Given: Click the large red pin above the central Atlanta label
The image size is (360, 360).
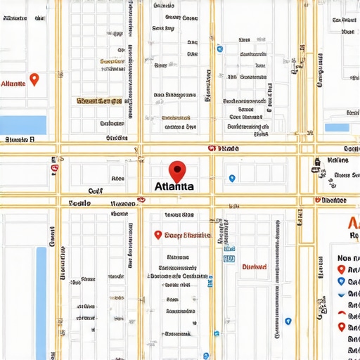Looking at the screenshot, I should (x=178, y=170).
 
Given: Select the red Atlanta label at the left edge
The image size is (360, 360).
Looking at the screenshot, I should (x=13, y=83).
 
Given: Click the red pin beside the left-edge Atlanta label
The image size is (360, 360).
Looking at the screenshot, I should (x=34, y=79).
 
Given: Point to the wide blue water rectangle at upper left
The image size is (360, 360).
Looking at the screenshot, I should (x=22, y=124).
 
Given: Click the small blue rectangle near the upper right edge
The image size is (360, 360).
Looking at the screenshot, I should (x=337, y=128).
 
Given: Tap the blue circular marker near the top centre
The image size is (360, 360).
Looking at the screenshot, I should (x=220, y=49).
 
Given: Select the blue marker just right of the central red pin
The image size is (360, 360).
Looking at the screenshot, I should (x=232, y=179).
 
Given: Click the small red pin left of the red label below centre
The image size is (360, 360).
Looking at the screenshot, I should (x=157, y=236).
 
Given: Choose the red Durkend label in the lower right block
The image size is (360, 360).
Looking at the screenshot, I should (x=254, y=266).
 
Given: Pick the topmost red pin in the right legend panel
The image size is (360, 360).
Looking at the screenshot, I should (x=342, y=269).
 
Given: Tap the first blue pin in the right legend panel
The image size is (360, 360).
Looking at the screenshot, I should (x=342, y=281).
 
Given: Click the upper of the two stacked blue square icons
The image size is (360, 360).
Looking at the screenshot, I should (x=229, y=248).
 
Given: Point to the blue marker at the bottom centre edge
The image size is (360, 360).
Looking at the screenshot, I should (x=205, y=355).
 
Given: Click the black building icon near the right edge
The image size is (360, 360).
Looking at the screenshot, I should (x=316, y=162).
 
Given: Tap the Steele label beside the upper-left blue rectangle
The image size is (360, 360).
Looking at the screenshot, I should (x=19, y=140).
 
